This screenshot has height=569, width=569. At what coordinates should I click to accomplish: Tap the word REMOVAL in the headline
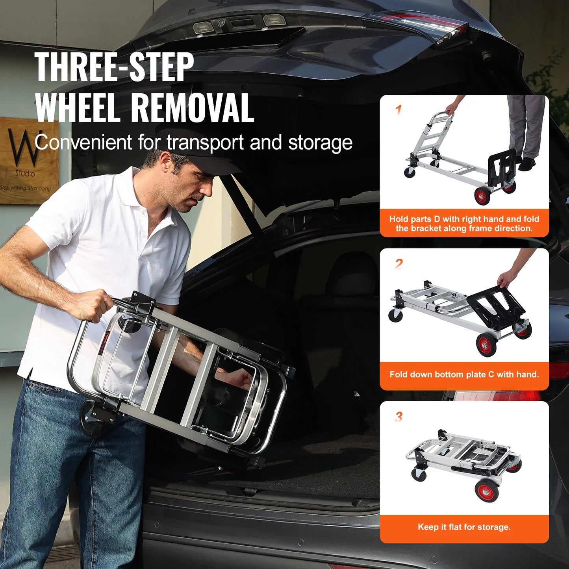point(192,108)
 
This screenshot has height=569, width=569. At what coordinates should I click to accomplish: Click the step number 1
point(398,109)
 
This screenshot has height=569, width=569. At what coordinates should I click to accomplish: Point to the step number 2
point(399,263)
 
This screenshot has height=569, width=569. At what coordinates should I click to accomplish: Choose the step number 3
point(399,416)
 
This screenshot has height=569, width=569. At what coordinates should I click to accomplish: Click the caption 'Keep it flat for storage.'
point(464,527)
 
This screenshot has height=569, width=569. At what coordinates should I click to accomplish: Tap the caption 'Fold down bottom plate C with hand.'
point(464,374)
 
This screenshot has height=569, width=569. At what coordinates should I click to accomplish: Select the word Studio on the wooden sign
point(25,173)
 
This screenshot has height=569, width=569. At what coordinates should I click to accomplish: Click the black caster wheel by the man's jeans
point(92,420)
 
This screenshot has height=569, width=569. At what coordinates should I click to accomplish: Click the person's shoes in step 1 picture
point(526,163)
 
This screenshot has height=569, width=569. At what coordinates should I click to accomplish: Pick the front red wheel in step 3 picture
point(487,491)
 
